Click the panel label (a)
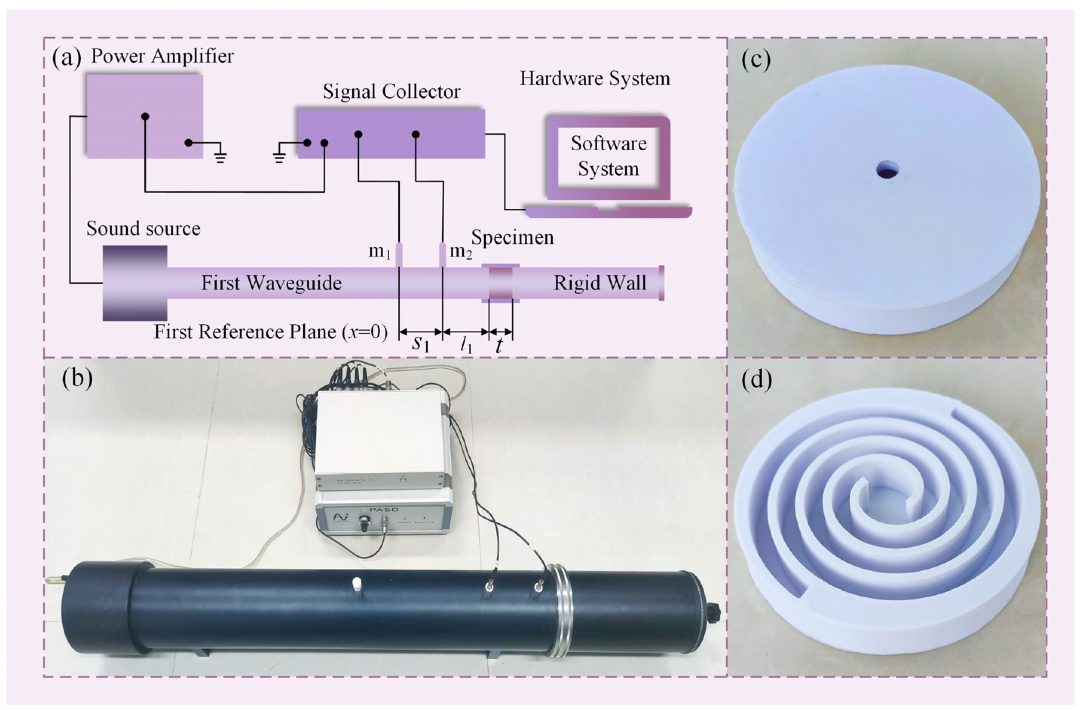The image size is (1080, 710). click(66, 58)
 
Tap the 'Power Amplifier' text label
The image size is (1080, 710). click(162, 56)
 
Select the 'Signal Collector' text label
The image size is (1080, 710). click(391, 92)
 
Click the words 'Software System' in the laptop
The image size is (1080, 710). click(608, 156)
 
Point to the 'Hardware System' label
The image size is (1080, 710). click(595, 78)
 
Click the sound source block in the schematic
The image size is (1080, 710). click(135, 283)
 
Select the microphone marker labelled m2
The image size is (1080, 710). click(442, 255)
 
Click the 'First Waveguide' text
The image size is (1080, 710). click(271, 283)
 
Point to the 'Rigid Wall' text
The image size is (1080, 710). click(600, 283)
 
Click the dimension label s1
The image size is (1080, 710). click(420, 344)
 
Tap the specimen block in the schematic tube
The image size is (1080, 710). click(500, 283)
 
